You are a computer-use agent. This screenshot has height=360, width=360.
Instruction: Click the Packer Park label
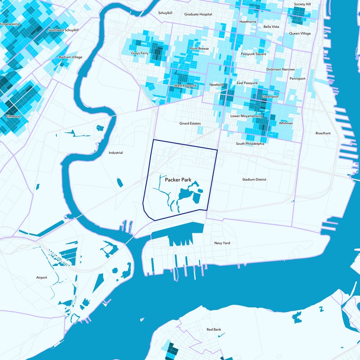178,180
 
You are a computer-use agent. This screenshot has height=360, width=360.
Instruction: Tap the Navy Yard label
222,243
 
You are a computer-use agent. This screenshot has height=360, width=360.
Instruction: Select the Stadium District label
254,180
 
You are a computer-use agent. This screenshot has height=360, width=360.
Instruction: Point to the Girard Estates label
190,123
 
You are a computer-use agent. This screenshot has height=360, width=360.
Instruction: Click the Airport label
41,278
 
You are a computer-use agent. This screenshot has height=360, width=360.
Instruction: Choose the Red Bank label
214,330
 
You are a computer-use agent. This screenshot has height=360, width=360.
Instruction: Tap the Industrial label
116,153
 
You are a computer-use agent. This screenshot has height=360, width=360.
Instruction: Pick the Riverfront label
323,133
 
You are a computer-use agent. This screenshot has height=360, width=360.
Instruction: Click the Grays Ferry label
139,53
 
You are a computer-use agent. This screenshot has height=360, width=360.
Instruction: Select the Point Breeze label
199,49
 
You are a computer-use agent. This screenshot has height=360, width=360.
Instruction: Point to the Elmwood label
13,116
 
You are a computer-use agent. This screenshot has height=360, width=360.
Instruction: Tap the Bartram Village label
71,58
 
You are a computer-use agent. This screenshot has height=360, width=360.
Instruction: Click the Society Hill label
302,4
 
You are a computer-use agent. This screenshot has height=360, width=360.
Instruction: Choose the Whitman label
286,123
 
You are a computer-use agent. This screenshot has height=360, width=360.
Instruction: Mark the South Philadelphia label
250,144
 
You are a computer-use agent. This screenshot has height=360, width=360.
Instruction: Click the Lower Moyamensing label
246,116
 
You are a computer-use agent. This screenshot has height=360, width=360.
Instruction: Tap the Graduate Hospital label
198,14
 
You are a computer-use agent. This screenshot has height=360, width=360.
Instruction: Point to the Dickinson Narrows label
280,70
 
